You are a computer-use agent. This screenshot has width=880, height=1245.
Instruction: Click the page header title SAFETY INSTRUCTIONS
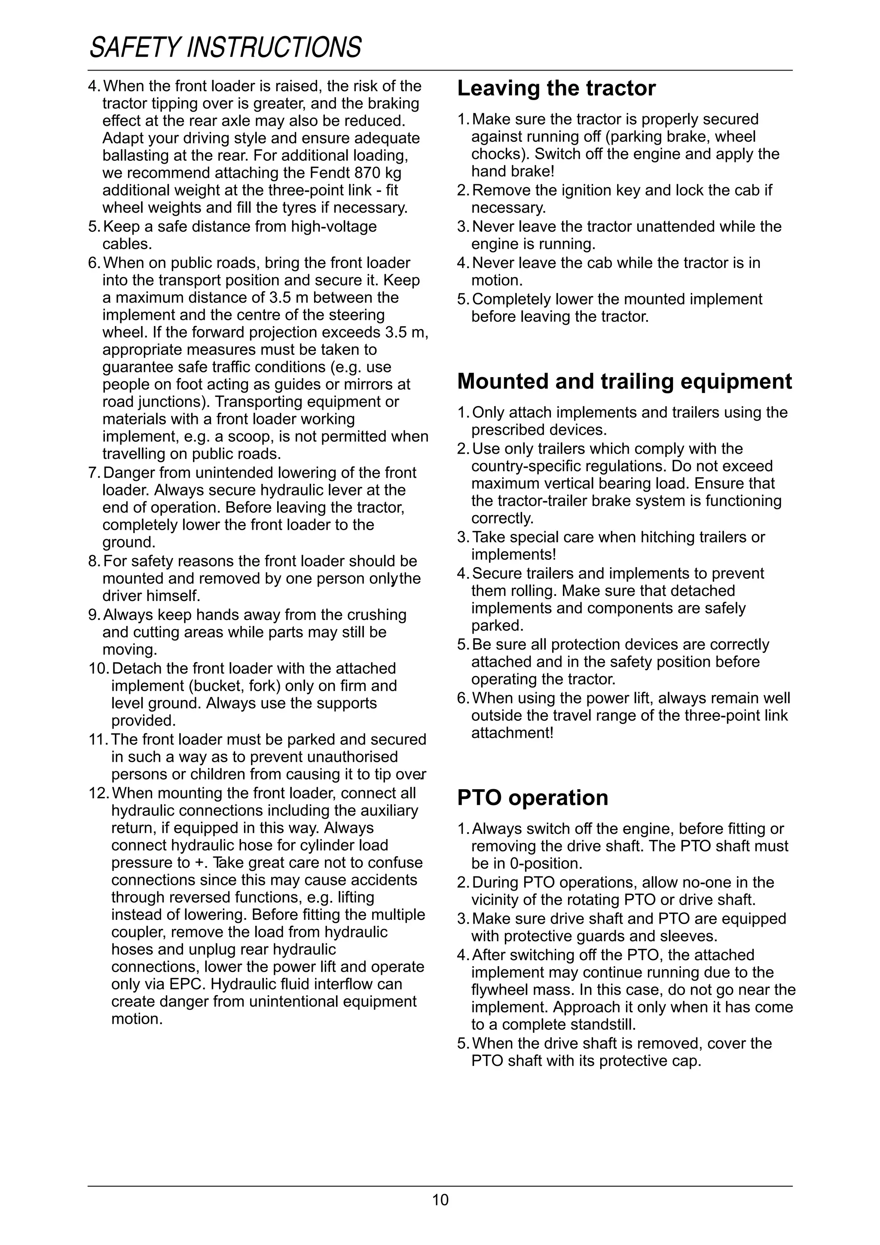pos(225,48)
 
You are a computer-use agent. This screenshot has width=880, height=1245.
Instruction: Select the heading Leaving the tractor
pos(556,88)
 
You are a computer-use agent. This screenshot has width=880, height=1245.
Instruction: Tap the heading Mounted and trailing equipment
pos(624,382)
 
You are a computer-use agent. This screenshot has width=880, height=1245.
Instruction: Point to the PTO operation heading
pos(532,798)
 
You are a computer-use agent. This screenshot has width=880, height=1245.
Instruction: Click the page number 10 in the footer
pos(440,1200)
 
